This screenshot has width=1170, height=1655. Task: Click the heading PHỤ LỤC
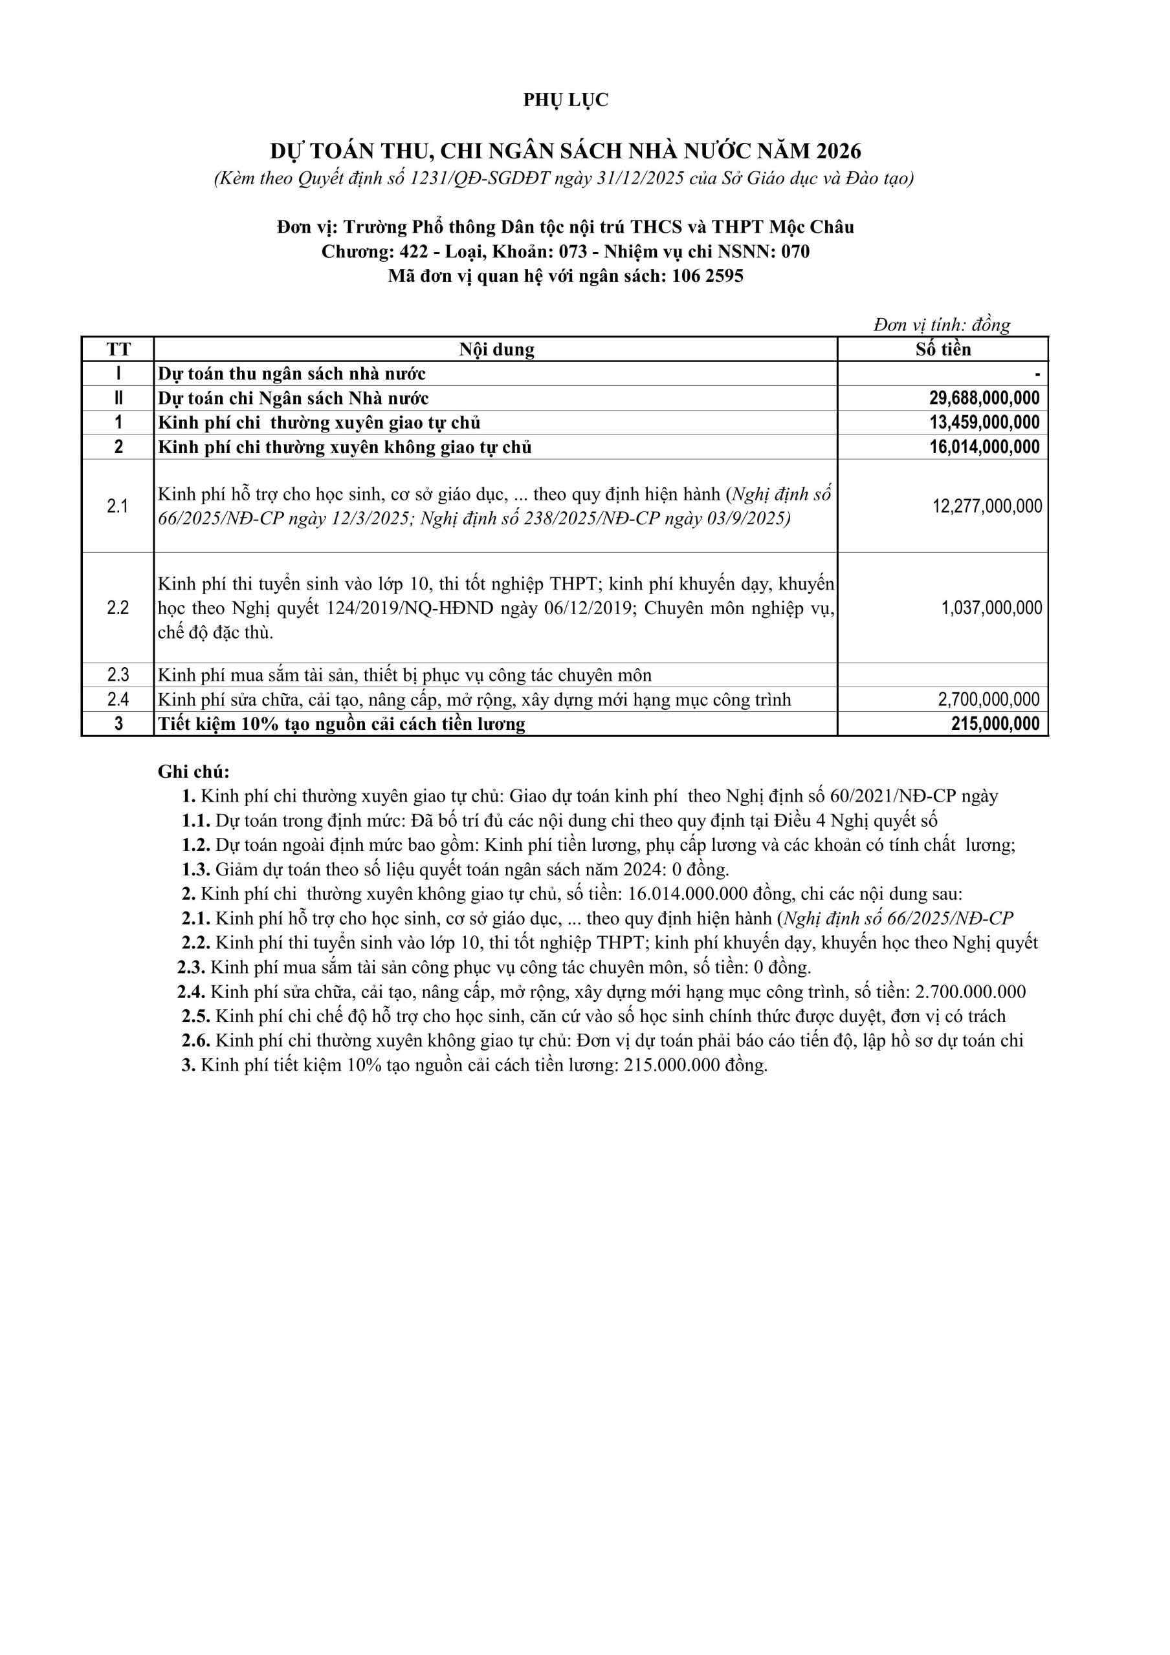pos(566,100)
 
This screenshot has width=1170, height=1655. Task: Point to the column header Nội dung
pos(496,350)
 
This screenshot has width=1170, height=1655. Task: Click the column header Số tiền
pos(943,350)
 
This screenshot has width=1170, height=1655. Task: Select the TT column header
pos(118,350)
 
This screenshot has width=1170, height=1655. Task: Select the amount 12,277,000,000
pos(987,506)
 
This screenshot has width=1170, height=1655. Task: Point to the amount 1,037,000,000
pos(991,608)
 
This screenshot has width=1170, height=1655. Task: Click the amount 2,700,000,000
pos(988,699)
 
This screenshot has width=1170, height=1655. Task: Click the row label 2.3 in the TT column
pos(118,676)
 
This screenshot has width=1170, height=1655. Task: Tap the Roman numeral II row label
pos(118,399)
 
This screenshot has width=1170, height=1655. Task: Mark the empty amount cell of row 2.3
pos(942,676)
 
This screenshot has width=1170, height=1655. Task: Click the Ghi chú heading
pos(193,772)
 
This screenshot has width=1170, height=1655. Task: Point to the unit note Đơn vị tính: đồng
pos(942,325)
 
